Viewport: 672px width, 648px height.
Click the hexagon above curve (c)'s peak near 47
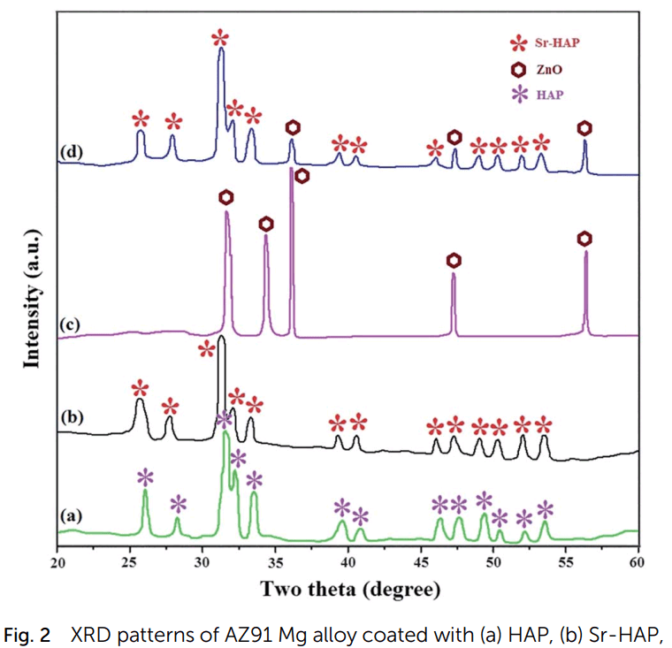pyautogui.click(x=454, y=260)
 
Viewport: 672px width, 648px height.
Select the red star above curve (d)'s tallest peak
pyautogui.click(x=220, y=38)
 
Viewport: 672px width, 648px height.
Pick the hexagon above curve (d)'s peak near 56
pyautogui.click(x=584, y=128)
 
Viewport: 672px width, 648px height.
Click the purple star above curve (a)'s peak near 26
pyautogui.click(x=145, y=476)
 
